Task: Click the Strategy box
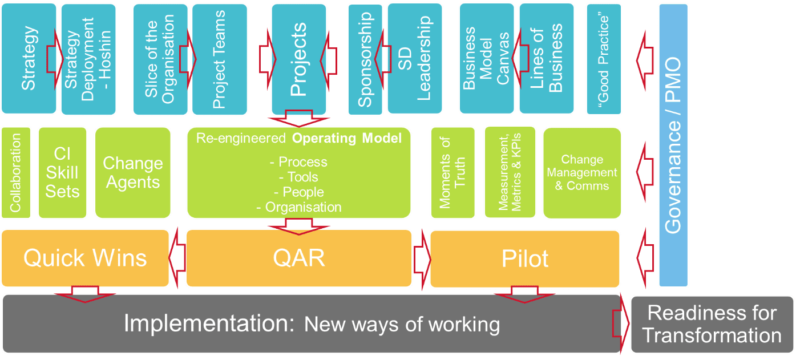click(29, 58)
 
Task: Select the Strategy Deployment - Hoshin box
click(87, 58)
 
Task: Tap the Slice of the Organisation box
click(160, 58)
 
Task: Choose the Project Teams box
click(219, 58)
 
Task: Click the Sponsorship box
click(365, 58)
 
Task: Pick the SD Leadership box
click(414, 58)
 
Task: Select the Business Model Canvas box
click(487, 58)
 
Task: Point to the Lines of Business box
click(547, 58)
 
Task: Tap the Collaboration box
click(15, 172)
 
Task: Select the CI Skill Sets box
click(62, 172)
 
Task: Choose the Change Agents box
click(132, 172)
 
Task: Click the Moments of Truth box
click(452, 172)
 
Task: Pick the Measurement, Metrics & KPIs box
click(510, 172)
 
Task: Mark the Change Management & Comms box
click(581, 172)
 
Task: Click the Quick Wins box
click(86, 258)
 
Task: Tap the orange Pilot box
click(524, 258)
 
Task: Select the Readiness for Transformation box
click(712, 323)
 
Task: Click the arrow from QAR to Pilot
click(422, 257)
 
